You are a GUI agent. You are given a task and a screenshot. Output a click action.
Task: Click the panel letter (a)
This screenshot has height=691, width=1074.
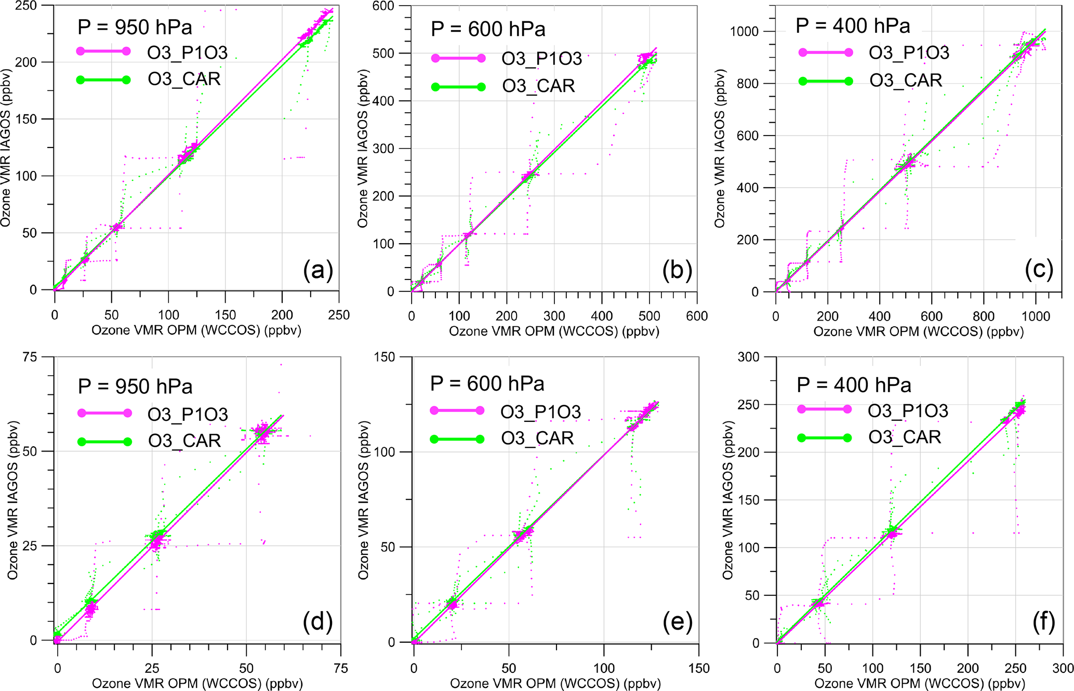(x=318, y=270)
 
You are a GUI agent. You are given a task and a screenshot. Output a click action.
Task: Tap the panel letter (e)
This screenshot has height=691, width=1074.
(x=678, y=622)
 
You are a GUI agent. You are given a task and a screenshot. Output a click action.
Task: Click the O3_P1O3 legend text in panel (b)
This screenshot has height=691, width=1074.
(x=541, y=59)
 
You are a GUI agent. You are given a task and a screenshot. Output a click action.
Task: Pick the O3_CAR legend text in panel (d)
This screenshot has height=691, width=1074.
(x=184, y=441)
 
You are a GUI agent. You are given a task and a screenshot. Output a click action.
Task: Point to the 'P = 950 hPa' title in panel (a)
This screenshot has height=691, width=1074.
(x=135, y=27)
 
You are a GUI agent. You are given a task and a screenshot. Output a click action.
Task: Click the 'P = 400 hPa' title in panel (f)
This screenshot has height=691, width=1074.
(x=854, y=385)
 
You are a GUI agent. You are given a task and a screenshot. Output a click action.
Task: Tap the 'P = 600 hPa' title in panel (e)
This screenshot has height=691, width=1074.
(x=487, y=383)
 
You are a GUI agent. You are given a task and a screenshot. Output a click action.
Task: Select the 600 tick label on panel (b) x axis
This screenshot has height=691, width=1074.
(x=696, y=316)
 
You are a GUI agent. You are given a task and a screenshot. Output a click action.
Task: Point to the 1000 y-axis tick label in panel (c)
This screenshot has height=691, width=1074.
(x=744, y=32)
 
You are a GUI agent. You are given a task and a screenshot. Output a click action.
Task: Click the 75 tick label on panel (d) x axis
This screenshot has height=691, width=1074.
(x=340, y=668)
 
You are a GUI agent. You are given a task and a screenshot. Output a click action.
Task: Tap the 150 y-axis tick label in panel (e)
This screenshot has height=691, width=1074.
(x=384, y=357)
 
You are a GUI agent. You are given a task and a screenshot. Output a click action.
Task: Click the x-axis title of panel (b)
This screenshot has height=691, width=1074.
(x=554, y=331)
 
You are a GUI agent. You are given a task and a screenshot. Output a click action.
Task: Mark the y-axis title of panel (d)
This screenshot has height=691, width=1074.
(x=12, y=498)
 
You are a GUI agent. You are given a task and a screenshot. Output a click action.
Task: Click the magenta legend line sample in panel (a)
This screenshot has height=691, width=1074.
(x=103, y=51)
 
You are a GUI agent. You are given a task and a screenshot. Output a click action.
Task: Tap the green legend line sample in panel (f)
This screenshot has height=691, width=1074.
(x=824, y=437)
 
